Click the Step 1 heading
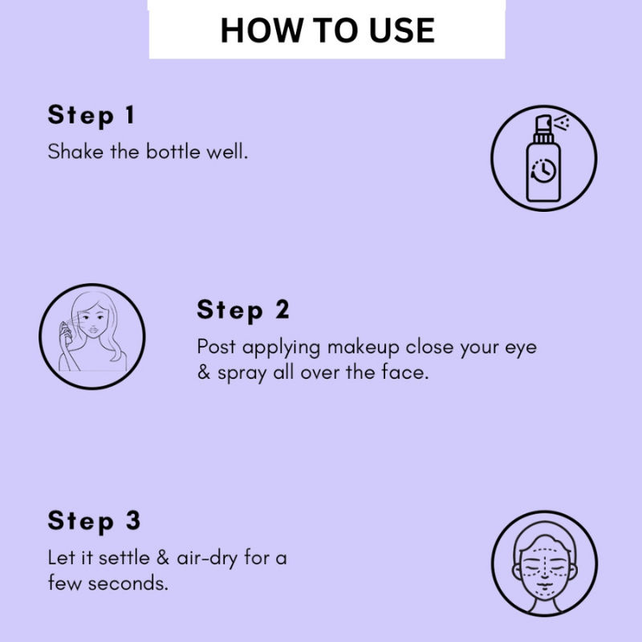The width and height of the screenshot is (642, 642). [91, 116]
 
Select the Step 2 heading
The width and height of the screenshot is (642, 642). [243, 311]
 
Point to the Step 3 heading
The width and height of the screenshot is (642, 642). [94, 522]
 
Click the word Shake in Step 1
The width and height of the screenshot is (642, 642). [75, 152]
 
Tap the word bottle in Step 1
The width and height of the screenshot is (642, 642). [173, 152]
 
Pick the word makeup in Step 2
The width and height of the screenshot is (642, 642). [363, 348]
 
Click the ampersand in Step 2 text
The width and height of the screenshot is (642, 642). [204, 372]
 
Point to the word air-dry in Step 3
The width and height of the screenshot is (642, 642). [207, 559]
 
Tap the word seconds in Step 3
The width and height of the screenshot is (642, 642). [128, 583]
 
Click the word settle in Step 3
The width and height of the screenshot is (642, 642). [124, 558]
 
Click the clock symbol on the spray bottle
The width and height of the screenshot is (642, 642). [543, 170]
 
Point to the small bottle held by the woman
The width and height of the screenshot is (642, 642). [65, 331]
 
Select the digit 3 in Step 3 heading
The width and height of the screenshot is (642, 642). [133, 521]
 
